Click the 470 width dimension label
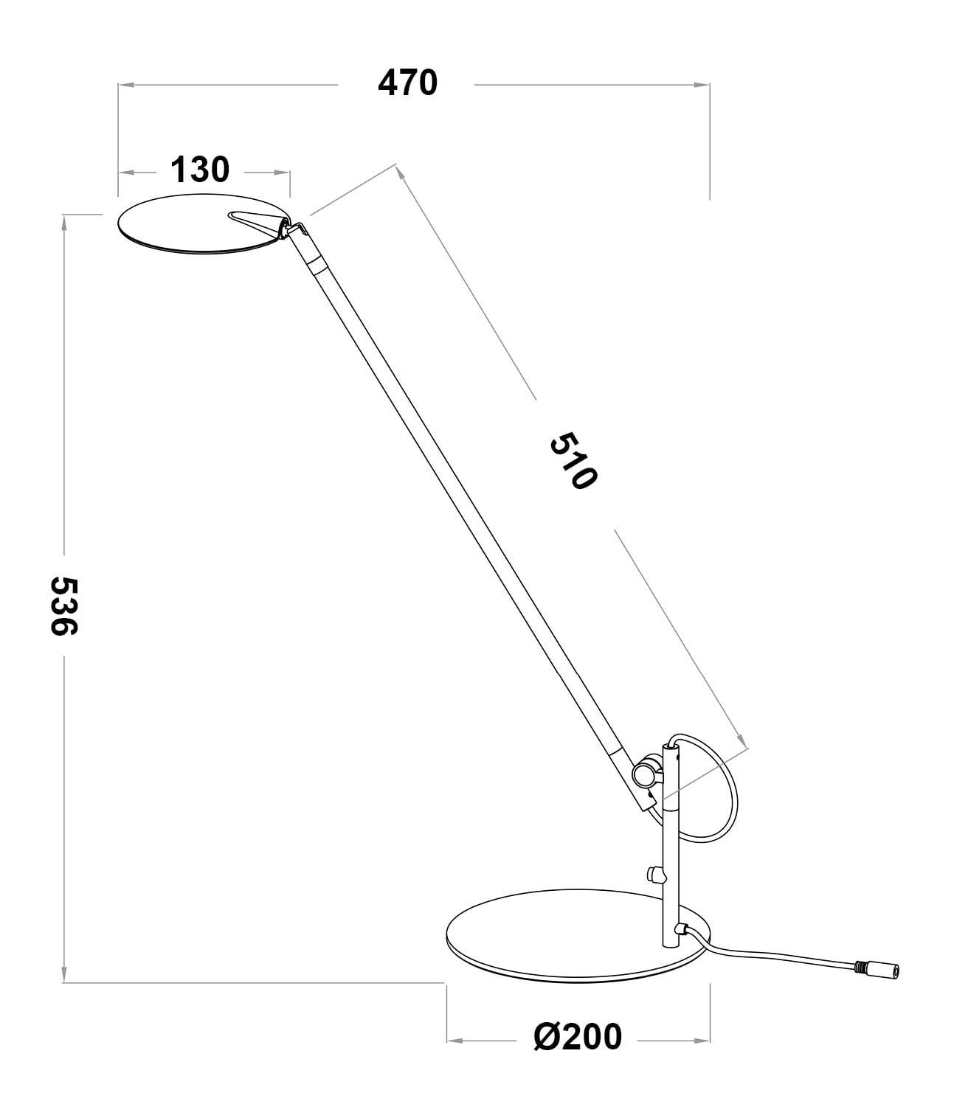click(x=407, y=83)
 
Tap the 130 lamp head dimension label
click(x=200, y=170)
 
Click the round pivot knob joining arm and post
click(x=646, y=773)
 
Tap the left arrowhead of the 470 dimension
click(x=125, y=85)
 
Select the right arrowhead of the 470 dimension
click(x=703, y=85)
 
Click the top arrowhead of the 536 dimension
click(x=64, y=221)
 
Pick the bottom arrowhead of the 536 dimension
click(x=64, y=975)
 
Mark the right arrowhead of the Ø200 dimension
click(x=703, y=1041)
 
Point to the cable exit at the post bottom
click(x=685, y=930)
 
